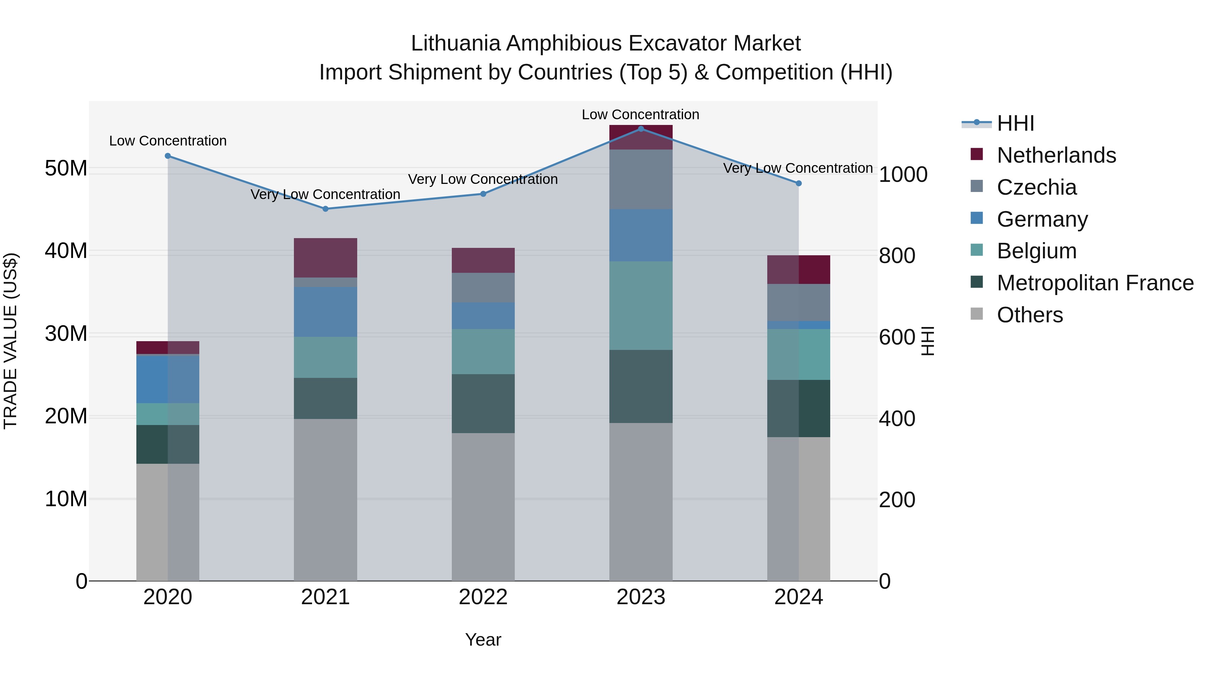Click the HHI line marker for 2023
pos(641,129)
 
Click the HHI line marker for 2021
pos(326,209)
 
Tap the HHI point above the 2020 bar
pos(168,156)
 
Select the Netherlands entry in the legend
pos(1056,155)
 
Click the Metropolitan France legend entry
pos(1095,283)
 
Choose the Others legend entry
pos(1030,315)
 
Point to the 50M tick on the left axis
pos(66,168)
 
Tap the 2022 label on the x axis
pos(483,597)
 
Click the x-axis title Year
pos(483,640)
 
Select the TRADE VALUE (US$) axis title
pos(11,341)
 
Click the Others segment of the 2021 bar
pos(326,499)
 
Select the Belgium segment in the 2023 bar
pos(641,305)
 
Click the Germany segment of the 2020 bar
pos(168,379)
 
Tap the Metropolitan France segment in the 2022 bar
pos(483,403)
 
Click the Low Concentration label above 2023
pos(640,115)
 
